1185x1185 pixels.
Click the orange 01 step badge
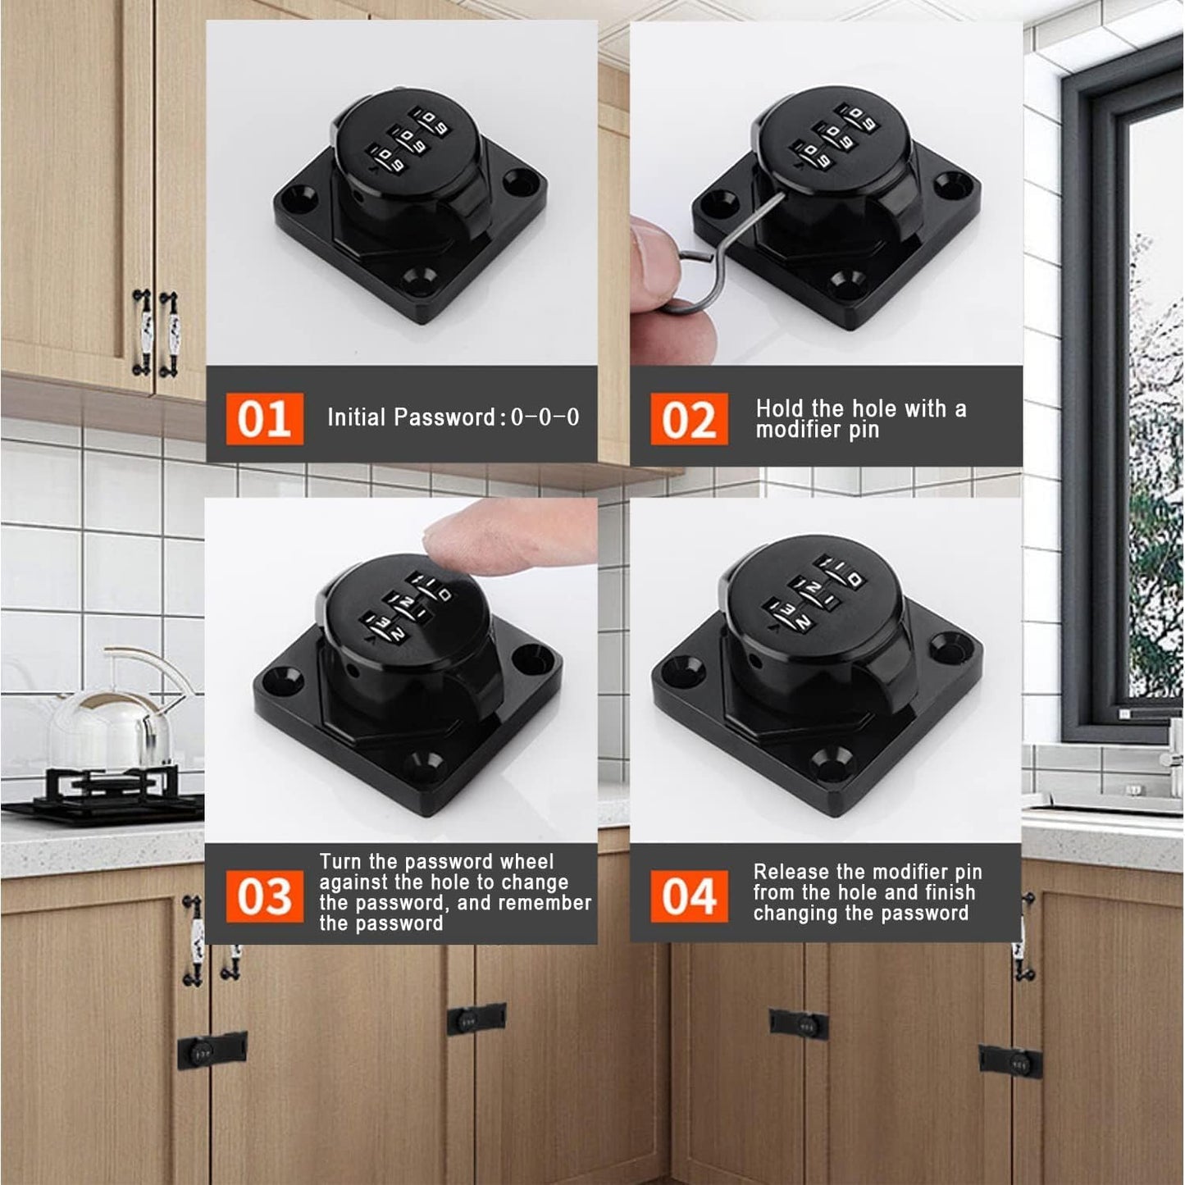[264, 418]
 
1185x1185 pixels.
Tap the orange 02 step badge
[689, 419]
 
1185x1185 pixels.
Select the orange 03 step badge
[264, 896]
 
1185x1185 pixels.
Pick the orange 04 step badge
[689, 896]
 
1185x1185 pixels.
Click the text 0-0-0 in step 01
[545, 417]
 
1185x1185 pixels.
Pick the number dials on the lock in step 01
[405, 140]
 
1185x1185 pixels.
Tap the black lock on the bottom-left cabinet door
[212, 1049]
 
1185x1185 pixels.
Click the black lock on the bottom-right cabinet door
[1010, 1062]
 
